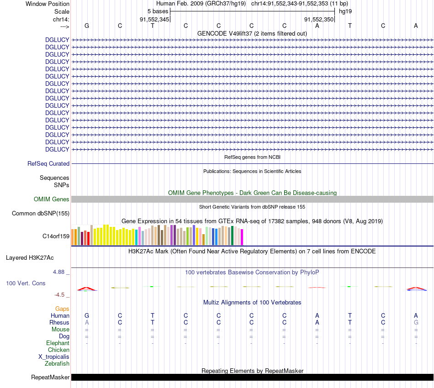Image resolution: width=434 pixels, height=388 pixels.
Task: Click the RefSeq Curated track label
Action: tap(48, 163)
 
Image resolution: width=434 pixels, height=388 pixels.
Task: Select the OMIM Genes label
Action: tap(51, 199)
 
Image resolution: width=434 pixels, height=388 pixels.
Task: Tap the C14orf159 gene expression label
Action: tap(56, 236)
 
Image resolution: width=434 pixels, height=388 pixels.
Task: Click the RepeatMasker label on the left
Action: tap(50, 377)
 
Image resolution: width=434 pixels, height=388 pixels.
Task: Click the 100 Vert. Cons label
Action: tap(26, 283)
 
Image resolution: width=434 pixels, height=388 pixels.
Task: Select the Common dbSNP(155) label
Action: tap(41, 213)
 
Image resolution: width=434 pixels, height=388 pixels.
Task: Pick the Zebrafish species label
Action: tap(57, 363)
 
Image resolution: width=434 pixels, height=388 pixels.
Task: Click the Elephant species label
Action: tap(58, 343)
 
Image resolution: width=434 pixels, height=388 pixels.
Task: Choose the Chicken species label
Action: tap(58, 350)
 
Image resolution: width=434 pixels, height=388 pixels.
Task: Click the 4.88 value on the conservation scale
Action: tap(61, 272)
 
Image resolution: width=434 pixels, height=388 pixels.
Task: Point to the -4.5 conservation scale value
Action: tap(62, 294)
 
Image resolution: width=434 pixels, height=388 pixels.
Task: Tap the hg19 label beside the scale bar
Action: tap(345, 11)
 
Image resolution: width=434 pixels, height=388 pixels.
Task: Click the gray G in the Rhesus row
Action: tap(416, 322)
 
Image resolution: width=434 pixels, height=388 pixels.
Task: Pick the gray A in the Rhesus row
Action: tap(87, 322)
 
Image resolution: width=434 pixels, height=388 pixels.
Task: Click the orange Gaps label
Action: tap(62, 309)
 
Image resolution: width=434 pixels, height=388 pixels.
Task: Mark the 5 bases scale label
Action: tap(158, 11)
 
